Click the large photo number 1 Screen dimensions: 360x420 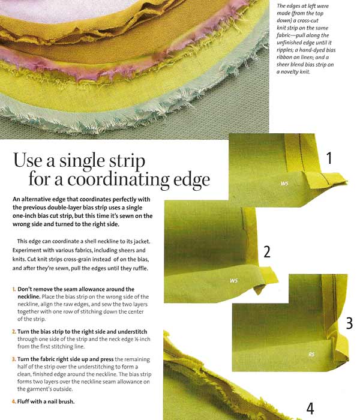[329, 158]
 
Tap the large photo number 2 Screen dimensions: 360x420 [267, 252]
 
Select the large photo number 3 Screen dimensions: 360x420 [349, 323]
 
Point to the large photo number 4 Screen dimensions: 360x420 [310, 409]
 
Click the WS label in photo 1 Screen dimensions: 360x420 [284, 184]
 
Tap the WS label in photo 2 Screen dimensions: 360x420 [233, 280]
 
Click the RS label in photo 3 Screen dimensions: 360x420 [311, 355]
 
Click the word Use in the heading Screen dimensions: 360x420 [28, 160]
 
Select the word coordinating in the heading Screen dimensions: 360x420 [118, 180]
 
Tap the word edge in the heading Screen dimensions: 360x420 [191, 180]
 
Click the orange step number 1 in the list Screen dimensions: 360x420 [14, 289]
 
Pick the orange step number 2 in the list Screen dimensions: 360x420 [14, 332]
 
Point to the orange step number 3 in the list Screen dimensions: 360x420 [14, 359]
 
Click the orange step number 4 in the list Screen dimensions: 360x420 [14, 401]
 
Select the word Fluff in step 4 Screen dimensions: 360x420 [23, 401]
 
